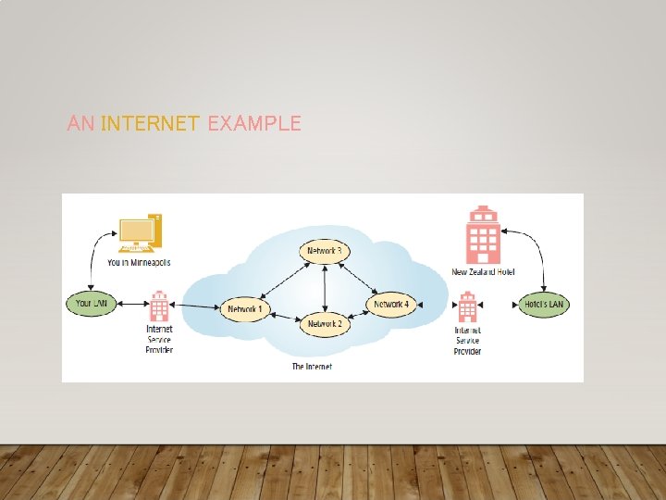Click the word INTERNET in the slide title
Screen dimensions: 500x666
151,123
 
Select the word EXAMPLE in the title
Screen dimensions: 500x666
254,123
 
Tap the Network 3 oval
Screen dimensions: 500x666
325,251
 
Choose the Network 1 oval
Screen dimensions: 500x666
245,307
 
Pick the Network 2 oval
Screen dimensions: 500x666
325,324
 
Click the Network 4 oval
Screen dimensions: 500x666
390,304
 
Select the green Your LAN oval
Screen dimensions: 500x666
91,303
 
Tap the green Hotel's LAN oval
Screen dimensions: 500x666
543,304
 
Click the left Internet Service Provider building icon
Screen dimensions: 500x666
159,306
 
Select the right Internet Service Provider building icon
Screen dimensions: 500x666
467,307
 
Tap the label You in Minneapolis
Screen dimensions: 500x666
139,263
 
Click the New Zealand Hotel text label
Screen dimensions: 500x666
483,272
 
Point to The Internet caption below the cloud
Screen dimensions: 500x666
312,367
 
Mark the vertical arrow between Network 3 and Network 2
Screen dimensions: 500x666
325,287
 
